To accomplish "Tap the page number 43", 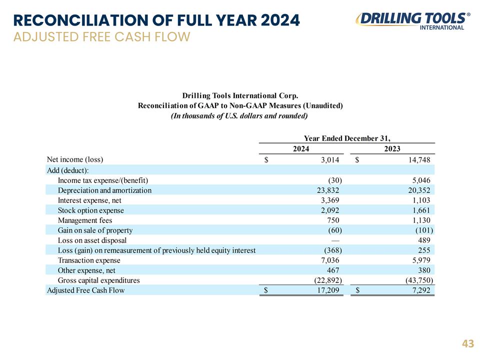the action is pyautogui.click(x=468, y=344).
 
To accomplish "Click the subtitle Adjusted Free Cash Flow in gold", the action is pyautogui.click(x=102, y=36).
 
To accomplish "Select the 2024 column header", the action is pyautogui.click(x=301, y=149).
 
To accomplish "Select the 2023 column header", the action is pyautogui.click(x=392, y=149).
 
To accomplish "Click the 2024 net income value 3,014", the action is pyautogui.click(x=330, y=160).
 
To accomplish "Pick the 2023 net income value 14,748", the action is pyautogui.click(x=419, y=160).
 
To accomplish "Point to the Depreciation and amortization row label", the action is pyautogui.click(x=104, y=190).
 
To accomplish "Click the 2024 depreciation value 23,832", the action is pyautogui.click(x=328, y=190).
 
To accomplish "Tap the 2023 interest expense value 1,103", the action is pyautogui.click(x=421, y=200).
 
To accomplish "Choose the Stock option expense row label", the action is pyautogui.click(x=91, y=210).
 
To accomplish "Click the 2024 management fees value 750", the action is pyautogui.click(x=333, y=220).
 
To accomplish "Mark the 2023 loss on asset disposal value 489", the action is pyautogui.click(x=424, y=240).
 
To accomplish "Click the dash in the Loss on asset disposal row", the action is pyautogui.click(x=335, y=240).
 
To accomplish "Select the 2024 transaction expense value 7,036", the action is pyautogui.click(x=330, y=260).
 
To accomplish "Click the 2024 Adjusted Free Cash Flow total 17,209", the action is pyautogui.click(x=328, y=290).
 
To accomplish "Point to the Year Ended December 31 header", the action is pyautogui.click(x=347, y=138).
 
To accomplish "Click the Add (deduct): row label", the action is pyautogui.click(x=67, y=170).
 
